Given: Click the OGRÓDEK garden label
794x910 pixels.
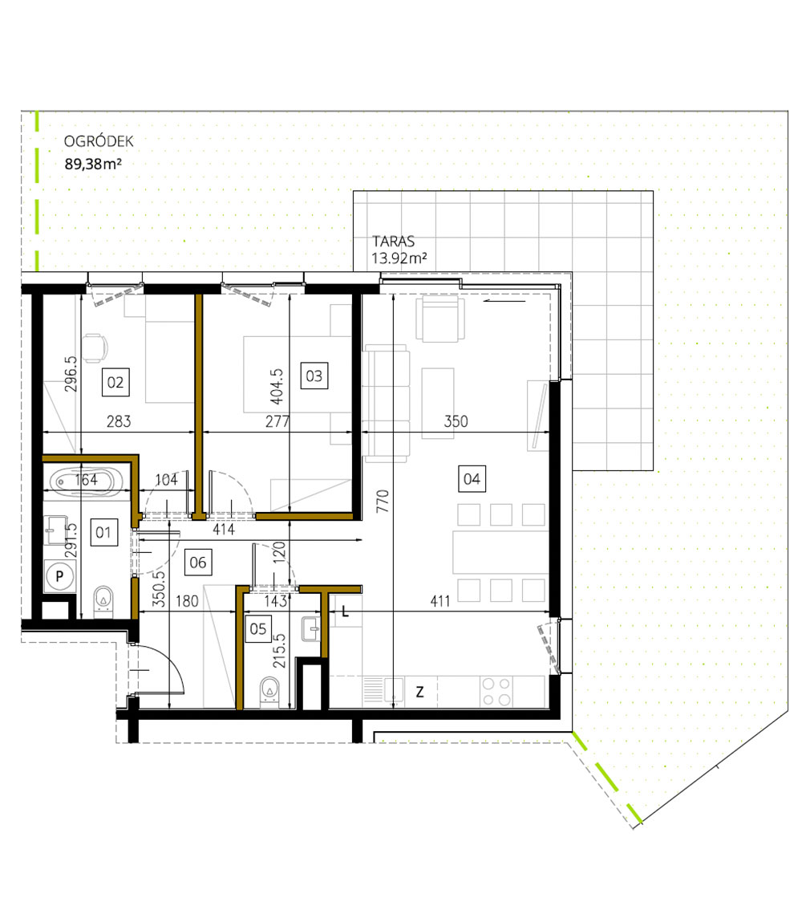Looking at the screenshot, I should point(99,143).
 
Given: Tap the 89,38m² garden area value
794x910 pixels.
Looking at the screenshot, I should point(92,165).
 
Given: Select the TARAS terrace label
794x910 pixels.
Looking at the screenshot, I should point(391,241).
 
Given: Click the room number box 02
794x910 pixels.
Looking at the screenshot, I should point(115,382).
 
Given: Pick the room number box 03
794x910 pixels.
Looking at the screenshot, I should point(314,376).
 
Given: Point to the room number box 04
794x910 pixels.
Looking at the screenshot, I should point(472,479).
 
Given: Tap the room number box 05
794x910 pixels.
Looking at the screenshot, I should point(257,629).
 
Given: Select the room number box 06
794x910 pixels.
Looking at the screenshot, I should point(197,563).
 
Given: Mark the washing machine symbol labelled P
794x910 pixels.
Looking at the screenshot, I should point(59,576).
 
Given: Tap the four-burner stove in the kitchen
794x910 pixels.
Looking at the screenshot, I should point(497,691).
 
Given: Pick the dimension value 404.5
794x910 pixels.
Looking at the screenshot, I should point(275,374).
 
